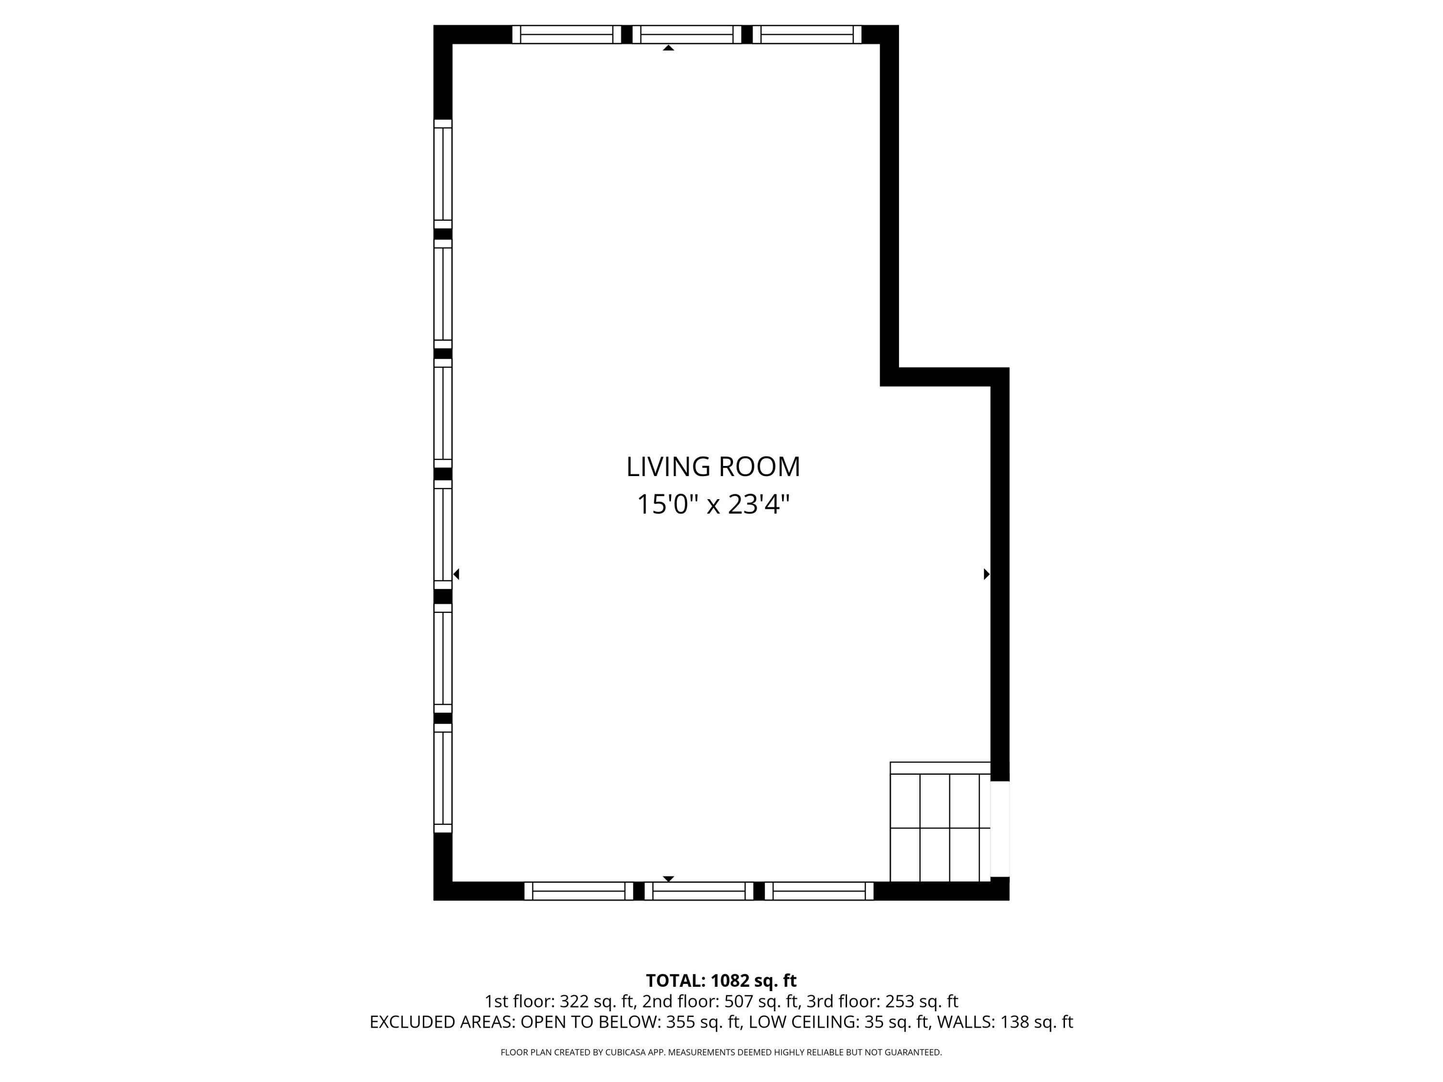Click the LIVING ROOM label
click(713, 467)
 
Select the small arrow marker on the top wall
click(668, 48)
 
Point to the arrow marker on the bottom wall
click(668, 879)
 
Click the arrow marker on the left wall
click(456, 574)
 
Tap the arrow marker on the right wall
click(987, 574)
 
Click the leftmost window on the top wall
click(566, 35)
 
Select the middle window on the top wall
click(687, 35)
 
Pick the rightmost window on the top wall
click(807, 35)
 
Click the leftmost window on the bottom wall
click(579, 891)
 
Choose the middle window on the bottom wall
click(699, 891)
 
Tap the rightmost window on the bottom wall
click(819, 891)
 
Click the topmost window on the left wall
click(443, 174)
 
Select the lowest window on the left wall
click(443, 778)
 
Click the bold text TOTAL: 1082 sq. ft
click(721, 981)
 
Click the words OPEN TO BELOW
click(590, 1022)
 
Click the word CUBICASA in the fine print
click(625, 1052)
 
